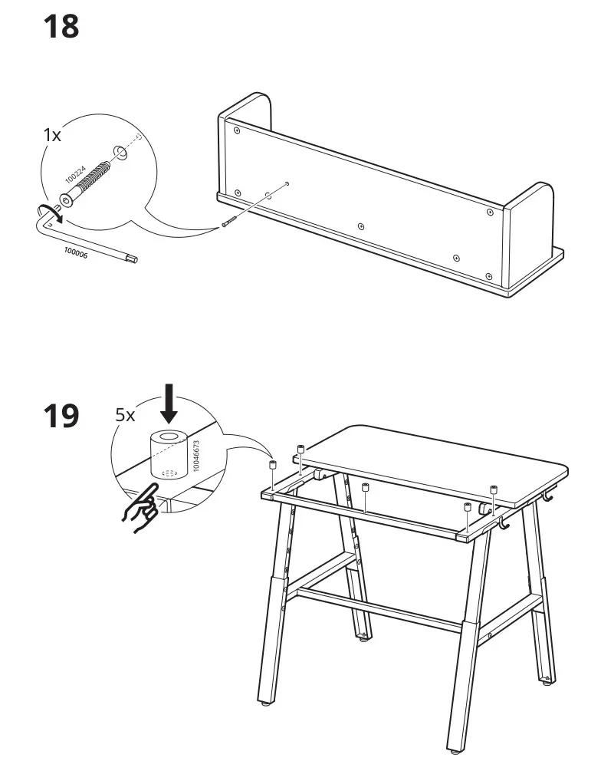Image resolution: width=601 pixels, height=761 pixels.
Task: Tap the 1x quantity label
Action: click(51, 134)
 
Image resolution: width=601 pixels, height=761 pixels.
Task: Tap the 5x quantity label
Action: click(125, 415)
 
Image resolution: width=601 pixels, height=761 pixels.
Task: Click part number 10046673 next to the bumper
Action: click(197, 456)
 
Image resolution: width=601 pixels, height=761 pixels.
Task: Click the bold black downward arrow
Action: click(169, 406)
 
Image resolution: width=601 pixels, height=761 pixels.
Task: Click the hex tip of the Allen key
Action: click(134, 259)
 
